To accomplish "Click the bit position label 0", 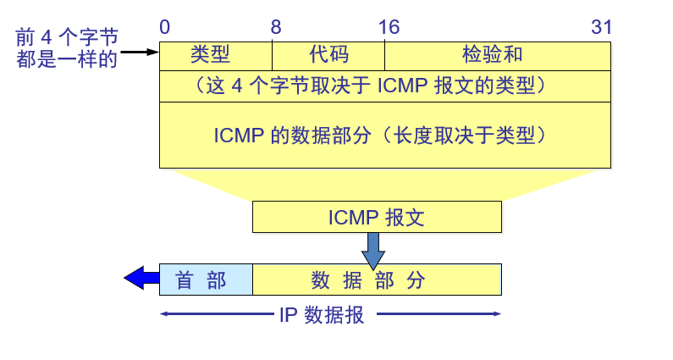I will click(164, 27).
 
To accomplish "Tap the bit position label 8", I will click(276, 27).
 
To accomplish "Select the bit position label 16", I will click(389, 27).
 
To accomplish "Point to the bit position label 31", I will click(601, 27).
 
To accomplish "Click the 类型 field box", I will click(215, 56).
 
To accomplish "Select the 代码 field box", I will click(328, 56).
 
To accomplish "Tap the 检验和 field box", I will click(497, 56).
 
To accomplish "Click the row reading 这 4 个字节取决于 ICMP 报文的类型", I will click(384, 86).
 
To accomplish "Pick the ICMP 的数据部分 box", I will click(384, 135).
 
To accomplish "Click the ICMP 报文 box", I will click(377, 217).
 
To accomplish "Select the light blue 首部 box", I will click(206, 280).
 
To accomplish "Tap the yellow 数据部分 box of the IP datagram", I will click(377, 280).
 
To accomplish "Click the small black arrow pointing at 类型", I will click(140, 53).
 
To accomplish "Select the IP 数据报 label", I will click(322, 315).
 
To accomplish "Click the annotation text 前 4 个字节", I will click(67, 37).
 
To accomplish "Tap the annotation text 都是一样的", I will click(67, 59).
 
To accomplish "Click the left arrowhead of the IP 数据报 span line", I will click(163, 314).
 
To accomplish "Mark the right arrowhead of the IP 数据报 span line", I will click(498, 314).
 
